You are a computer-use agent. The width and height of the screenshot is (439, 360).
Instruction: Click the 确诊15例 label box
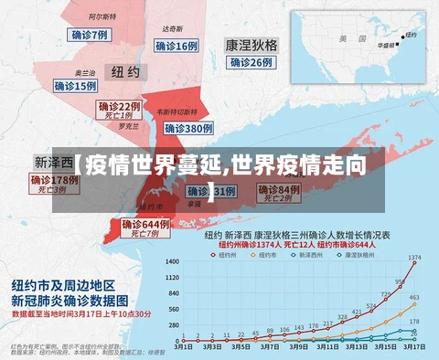click(x=76, y=86)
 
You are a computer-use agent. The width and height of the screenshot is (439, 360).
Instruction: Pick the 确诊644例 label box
click(x=146, y=224)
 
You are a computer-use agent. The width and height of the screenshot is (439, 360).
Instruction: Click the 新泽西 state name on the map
click(x=54, y=161)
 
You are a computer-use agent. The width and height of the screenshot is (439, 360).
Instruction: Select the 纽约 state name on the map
click(x=125, y=71)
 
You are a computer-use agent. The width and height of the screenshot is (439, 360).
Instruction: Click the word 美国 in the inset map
click(x=346, y=39)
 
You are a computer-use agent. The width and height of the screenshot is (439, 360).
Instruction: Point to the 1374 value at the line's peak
click(x=414, y=258)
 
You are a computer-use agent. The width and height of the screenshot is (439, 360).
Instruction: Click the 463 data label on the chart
click(x=413, y=298)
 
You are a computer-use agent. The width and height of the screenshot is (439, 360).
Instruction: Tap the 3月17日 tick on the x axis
click(x=413, y=347)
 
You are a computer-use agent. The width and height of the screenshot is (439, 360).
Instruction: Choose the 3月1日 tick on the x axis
click(x=184, y=347)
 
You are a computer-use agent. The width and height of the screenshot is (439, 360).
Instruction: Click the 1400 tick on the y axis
click(x=172, y=261)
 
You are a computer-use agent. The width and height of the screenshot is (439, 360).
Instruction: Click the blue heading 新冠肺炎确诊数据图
click(x=70, y=299)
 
